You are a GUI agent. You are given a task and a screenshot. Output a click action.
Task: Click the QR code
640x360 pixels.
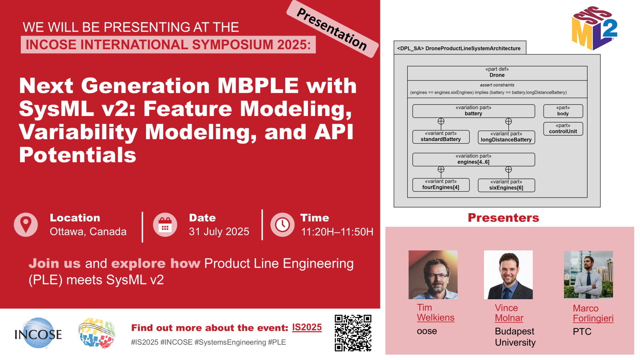pos(353,333)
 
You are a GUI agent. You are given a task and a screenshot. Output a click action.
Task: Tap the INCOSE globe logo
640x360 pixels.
pos(38,333)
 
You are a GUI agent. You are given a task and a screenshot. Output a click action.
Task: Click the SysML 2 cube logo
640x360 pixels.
pos(594,28)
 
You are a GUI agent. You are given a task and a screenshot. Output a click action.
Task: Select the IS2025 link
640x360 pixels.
pos(307,328)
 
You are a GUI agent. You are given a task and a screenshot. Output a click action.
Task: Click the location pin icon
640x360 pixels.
pos(26,224)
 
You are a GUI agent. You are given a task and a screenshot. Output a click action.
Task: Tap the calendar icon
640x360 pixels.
pos(165,224)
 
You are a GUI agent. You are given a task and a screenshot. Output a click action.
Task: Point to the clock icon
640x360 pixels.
pos(282,224)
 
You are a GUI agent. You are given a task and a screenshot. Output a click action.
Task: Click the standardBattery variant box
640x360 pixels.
pos(441,137)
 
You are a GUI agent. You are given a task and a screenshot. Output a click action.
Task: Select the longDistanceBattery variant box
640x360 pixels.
pos(506,137)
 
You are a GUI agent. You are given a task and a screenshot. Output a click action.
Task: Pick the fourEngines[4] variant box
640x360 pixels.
pos(441,185)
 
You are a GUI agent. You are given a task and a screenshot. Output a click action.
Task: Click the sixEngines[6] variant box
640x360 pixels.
pos(506,185)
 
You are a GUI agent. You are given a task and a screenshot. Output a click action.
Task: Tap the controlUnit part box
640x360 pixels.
pos(563,129)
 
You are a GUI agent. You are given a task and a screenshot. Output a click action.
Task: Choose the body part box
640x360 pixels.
pos(563,111)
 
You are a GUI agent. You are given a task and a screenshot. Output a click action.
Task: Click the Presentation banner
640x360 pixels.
pos(332,29)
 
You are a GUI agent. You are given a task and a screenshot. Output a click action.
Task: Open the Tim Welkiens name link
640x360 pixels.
pos(436,312)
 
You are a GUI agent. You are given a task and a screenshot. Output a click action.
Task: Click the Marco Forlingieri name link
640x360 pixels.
pos(593,313)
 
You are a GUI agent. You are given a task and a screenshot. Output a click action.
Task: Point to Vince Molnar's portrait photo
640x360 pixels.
pos(508,275)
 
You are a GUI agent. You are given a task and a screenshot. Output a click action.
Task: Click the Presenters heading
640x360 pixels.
pos(504,218)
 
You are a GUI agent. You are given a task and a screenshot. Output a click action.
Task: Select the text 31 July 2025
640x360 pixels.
pos(219,232)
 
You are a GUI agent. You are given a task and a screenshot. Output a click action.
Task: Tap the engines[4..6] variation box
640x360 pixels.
pos(474,160)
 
